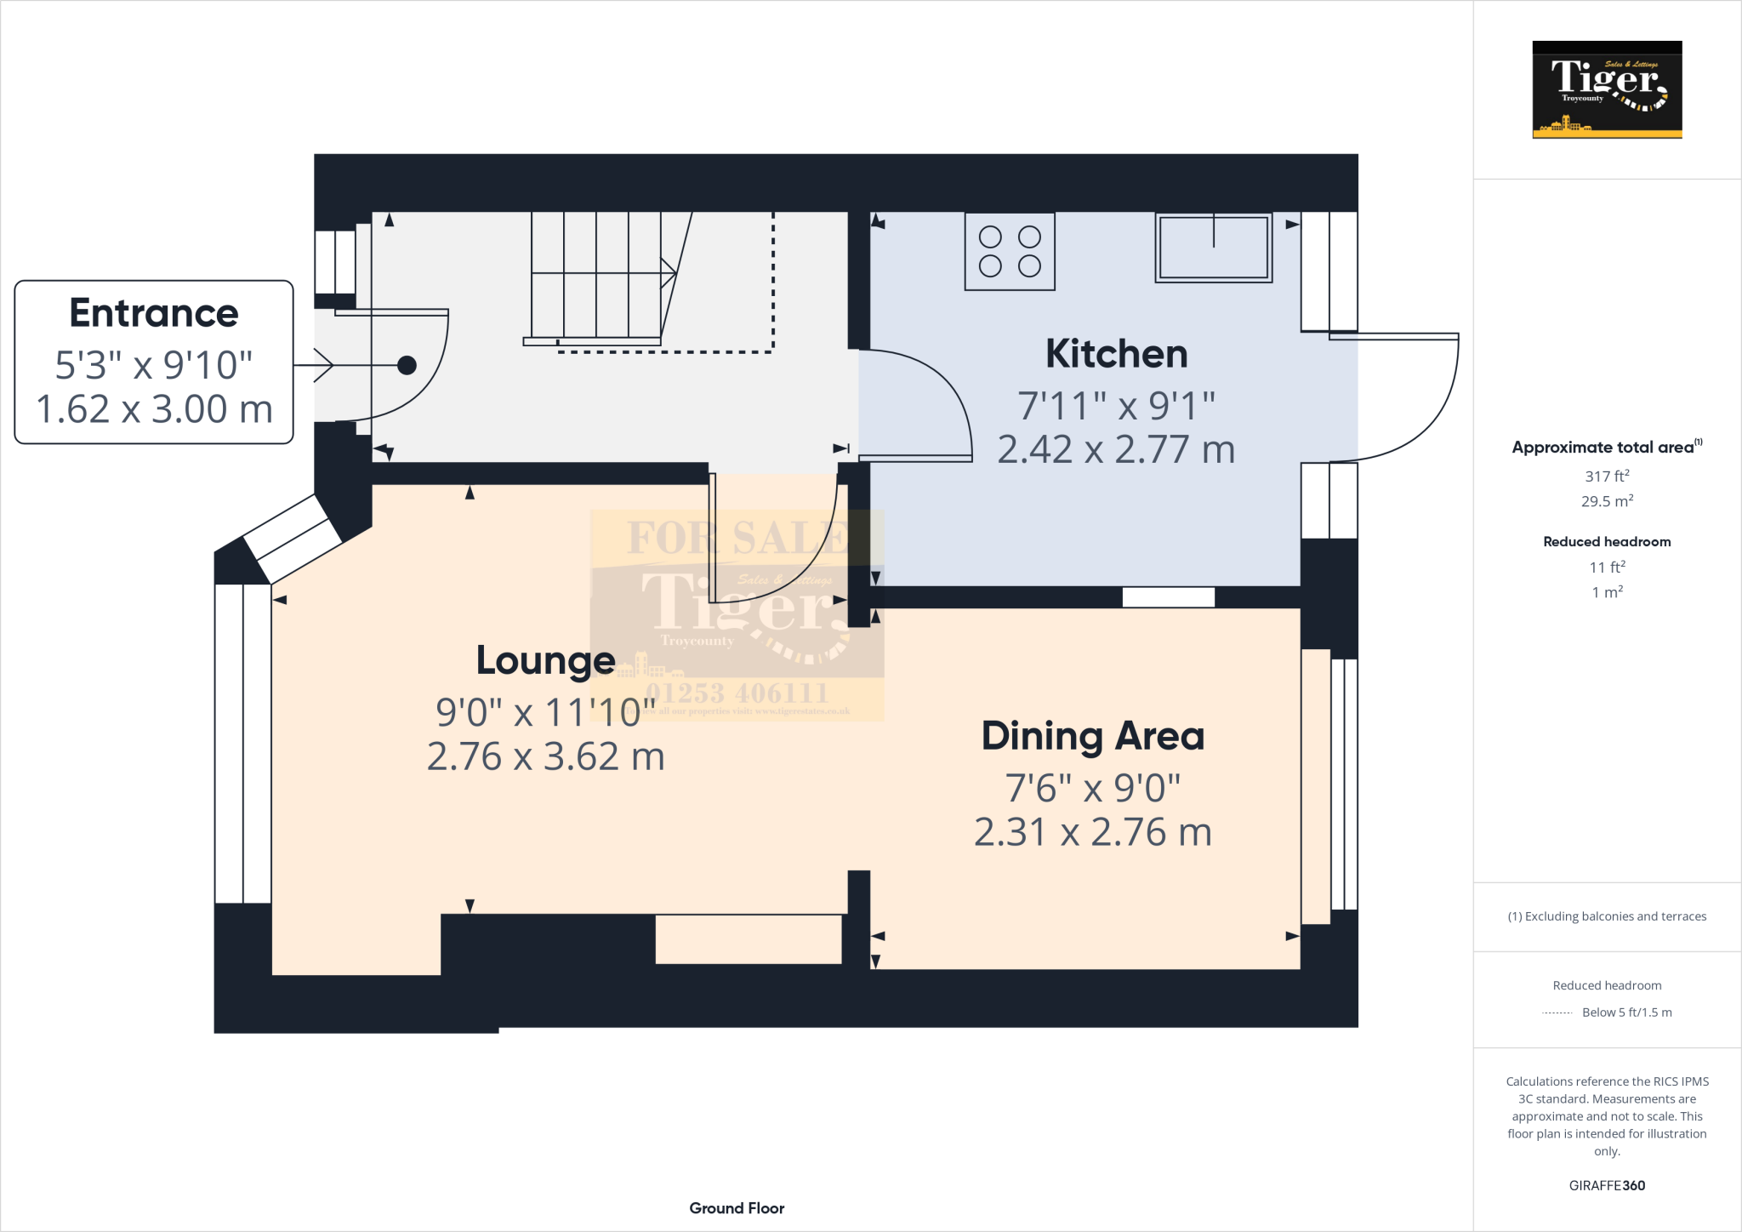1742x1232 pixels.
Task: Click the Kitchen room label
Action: pos(1116,354)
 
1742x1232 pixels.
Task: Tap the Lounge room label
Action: pos(545,661)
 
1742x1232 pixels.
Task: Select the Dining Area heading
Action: pos(1093,737)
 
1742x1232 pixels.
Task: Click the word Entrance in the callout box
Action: pos(154,313)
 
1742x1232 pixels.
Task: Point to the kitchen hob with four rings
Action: pos(1010,252)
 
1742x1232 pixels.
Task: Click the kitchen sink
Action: pos(1214,248)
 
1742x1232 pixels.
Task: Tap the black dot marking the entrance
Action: pos(407,365)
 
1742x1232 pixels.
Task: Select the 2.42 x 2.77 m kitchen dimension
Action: pos(1116,450)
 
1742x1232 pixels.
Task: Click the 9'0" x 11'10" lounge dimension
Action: pos(545,713)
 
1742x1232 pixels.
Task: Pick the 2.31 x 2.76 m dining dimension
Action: pos(1093,833)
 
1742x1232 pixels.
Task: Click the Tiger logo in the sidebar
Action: pos(1607,89)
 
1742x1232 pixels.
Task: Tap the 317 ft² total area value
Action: pos(1607,476)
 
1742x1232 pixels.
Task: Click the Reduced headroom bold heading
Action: pos(1607,542)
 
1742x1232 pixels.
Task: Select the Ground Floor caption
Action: pos(737,1208)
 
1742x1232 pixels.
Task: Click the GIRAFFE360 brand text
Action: pos(1607,1185)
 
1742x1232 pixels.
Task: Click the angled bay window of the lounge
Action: pos(293,538)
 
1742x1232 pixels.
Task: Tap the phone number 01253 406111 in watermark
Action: pos(737,693)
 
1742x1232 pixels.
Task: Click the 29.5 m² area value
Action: pos(1607,501)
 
